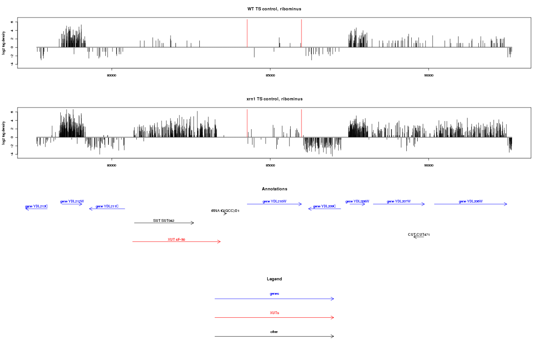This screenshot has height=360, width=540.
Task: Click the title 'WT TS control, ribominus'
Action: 274,9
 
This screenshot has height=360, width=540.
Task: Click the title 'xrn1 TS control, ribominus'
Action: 274,99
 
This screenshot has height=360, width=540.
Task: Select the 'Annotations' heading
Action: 274,189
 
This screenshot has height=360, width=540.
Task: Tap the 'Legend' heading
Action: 274,279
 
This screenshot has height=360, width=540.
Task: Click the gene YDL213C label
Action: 36,206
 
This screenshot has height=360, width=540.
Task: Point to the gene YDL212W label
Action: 72,201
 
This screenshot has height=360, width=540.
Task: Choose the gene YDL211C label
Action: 107,206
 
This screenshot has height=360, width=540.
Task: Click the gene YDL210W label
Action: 274,201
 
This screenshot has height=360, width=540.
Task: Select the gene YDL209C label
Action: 324,206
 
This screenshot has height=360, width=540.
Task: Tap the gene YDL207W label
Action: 399,201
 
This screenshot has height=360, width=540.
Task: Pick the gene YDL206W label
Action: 471,201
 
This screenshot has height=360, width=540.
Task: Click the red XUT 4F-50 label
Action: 176,239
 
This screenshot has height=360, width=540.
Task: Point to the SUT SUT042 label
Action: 164,220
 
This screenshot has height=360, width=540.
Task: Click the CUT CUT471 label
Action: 419,234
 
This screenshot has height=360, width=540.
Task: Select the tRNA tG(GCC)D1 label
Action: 225,211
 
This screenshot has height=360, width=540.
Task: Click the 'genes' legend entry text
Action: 274,293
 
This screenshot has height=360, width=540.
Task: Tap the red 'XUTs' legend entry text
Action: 274,312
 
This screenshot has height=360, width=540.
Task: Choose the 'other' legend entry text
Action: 274,332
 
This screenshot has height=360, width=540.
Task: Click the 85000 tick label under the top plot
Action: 270,76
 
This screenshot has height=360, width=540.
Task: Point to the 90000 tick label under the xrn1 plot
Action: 428,165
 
